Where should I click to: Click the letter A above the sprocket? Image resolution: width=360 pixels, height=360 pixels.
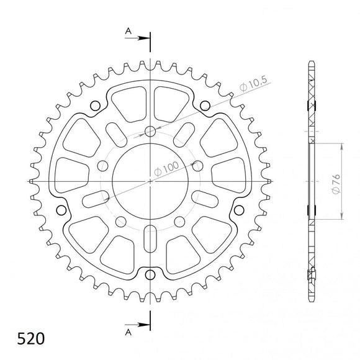click(128, 30)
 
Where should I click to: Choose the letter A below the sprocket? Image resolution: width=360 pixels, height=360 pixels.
click(128, 332)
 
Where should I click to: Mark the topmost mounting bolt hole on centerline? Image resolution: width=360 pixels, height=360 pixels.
click(150, 131)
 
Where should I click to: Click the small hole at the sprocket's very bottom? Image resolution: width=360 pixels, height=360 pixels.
click(150, 275)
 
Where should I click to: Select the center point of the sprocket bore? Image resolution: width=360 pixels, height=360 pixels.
click(150, 181)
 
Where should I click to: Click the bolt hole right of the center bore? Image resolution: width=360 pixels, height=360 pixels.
click(197, 165)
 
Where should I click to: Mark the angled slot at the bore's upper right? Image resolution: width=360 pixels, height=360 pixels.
click(186, 133)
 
